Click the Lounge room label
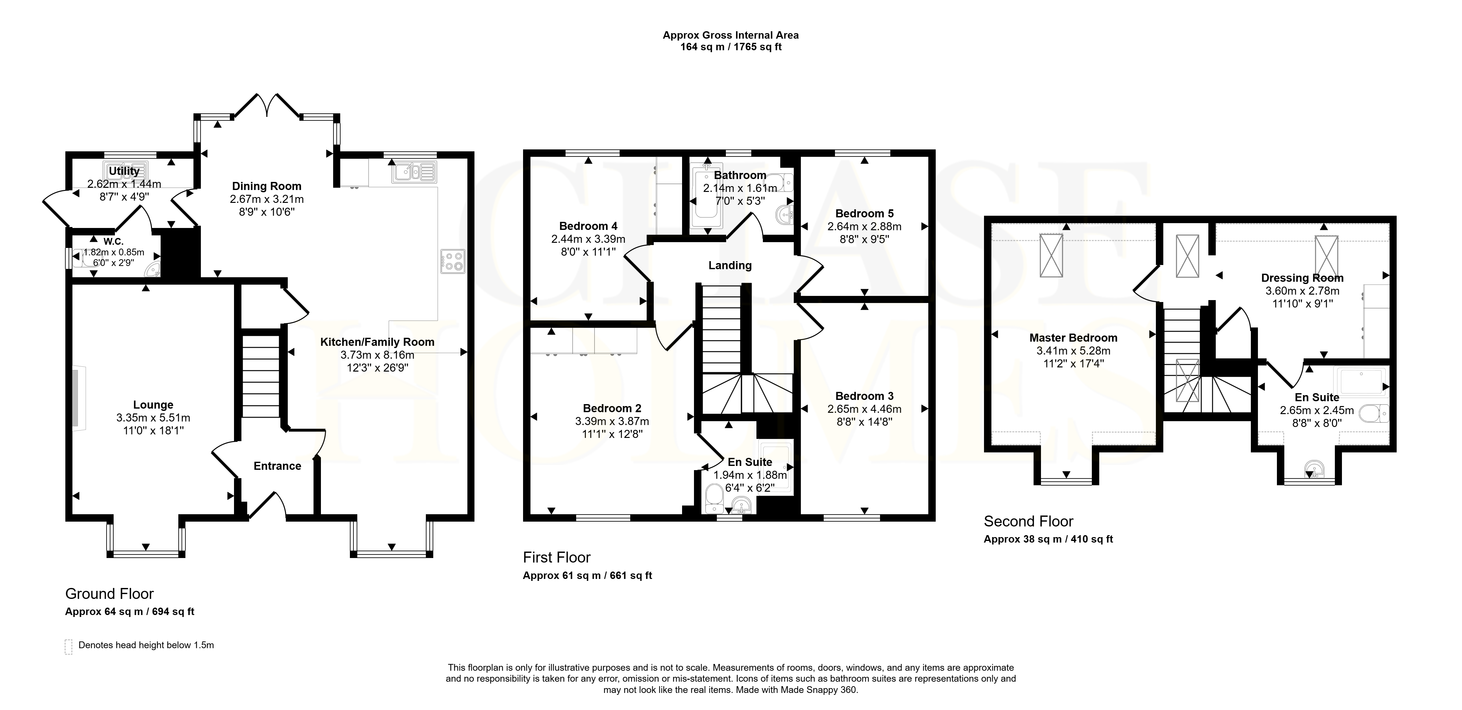pyautogui.click(x=153, y=405)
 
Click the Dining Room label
pyautogui.click(x=267, y=186)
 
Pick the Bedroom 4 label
pyautogui.click(x=588, y=226)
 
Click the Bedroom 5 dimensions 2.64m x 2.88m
pyautogui.click(x=864, y=226)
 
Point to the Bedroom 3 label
pyautogui.click(x=864, y=396)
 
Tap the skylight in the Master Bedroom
pyautogui.click(x=1051, y=255)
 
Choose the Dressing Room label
pyautogui.click(x=1302, y=278)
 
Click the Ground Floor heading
pyautogui.click(x=109, y=594)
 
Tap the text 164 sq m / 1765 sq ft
pyautogui.click(x=731, y=47)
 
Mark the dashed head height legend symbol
pyautogui.click(x=69, y=647)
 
